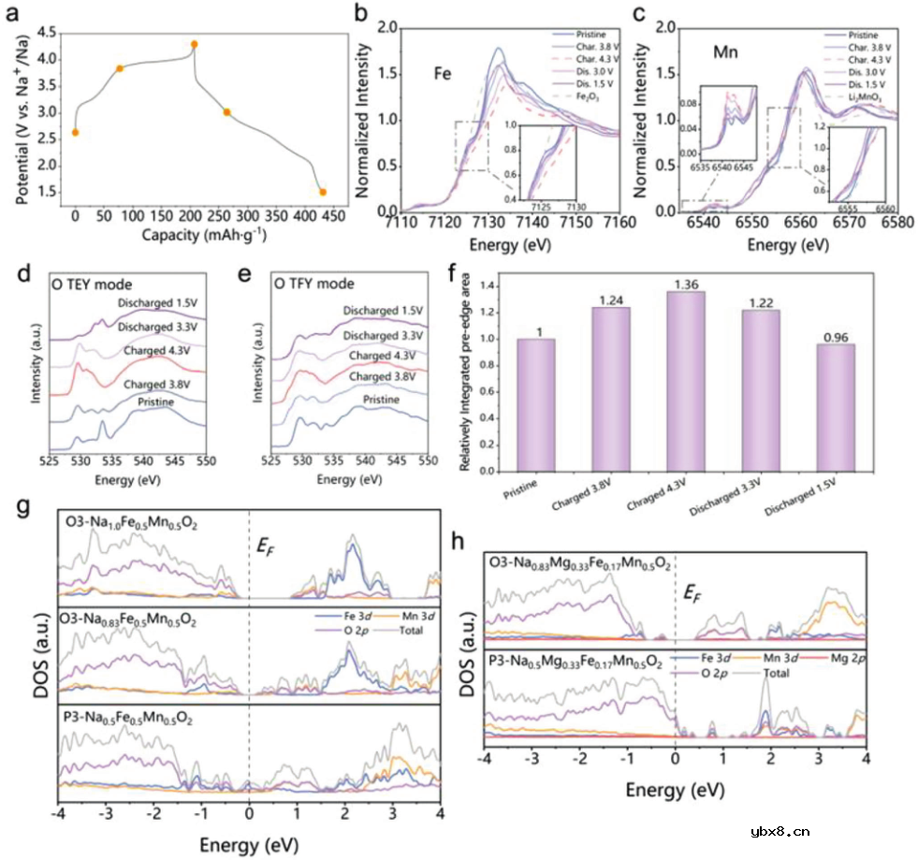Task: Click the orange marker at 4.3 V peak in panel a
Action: coord(195,44)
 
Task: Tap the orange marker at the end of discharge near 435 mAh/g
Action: coord(323,192)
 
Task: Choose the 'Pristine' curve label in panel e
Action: coord(380,401)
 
